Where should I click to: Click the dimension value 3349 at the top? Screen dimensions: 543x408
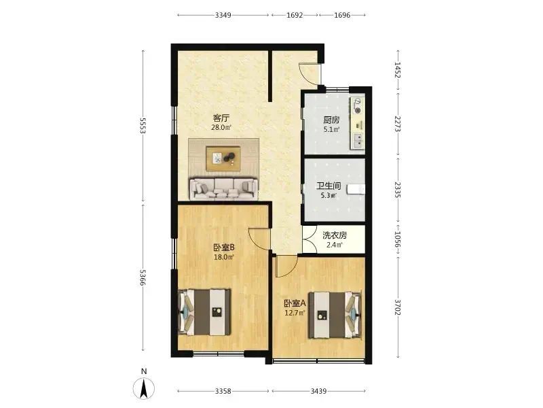[223, 15]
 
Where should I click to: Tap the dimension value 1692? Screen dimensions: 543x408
[295, 15]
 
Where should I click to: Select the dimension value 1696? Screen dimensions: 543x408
[342, 15]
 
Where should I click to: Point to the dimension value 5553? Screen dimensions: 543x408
[143, 126]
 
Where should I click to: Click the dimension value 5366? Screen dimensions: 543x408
[143, 277]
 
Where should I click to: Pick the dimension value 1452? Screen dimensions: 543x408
[398, 71]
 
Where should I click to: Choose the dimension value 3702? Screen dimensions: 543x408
[398, 307]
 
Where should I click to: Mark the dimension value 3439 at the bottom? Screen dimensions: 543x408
[318, 392]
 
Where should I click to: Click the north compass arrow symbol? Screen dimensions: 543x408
[144, 388]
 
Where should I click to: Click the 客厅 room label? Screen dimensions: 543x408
[221, 118]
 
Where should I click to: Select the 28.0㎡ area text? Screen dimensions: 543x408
[221, 127]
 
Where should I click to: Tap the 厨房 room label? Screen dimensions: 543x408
[331, 120]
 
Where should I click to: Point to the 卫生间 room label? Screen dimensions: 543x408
[329, 186]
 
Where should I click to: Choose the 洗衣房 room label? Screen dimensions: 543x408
[335, 235]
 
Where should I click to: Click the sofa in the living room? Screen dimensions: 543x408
[224, 189]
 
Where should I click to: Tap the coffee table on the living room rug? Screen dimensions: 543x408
[223, 158]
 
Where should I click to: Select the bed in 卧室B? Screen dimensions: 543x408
[204, 312]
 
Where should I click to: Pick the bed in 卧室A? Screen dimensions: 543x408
[335, 315]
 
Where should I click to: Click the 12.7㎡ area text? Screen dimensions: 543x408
[295, 313]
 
